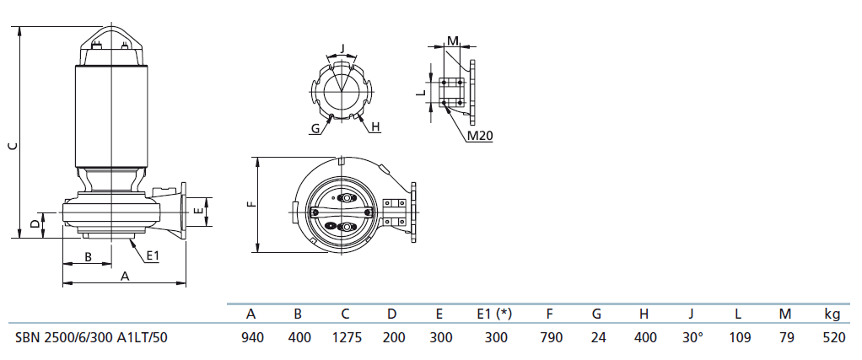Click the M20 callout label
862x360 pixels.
click(x=479, y=137)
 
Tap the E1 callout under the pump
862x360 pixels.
click(x=153, y=256)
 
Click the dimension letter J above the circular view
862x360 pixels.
click(x=342, y=48)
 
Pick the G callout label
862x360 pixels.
click(x=315, y=129)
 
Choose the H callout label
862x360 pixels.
click(x=375, y=127)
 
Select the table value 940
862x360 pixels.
click(x=252, y=337)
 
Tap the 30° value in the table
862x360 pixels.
click(x=692, y=337)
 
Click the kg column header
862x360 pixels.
click(x=832, y=314)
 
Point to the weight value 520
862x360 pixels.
click(x=834, y=337)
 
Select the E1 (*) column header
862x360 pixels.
click(x=494, y=314)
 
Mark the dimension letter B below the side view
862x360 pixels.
click(x=87, y=256)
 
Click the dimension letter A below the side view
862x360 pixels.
click(x=125, y=277)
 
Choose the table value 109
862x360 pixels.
click(x=738, y=337)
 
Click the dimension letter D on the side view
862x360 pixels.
click(x=35, y=224)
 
